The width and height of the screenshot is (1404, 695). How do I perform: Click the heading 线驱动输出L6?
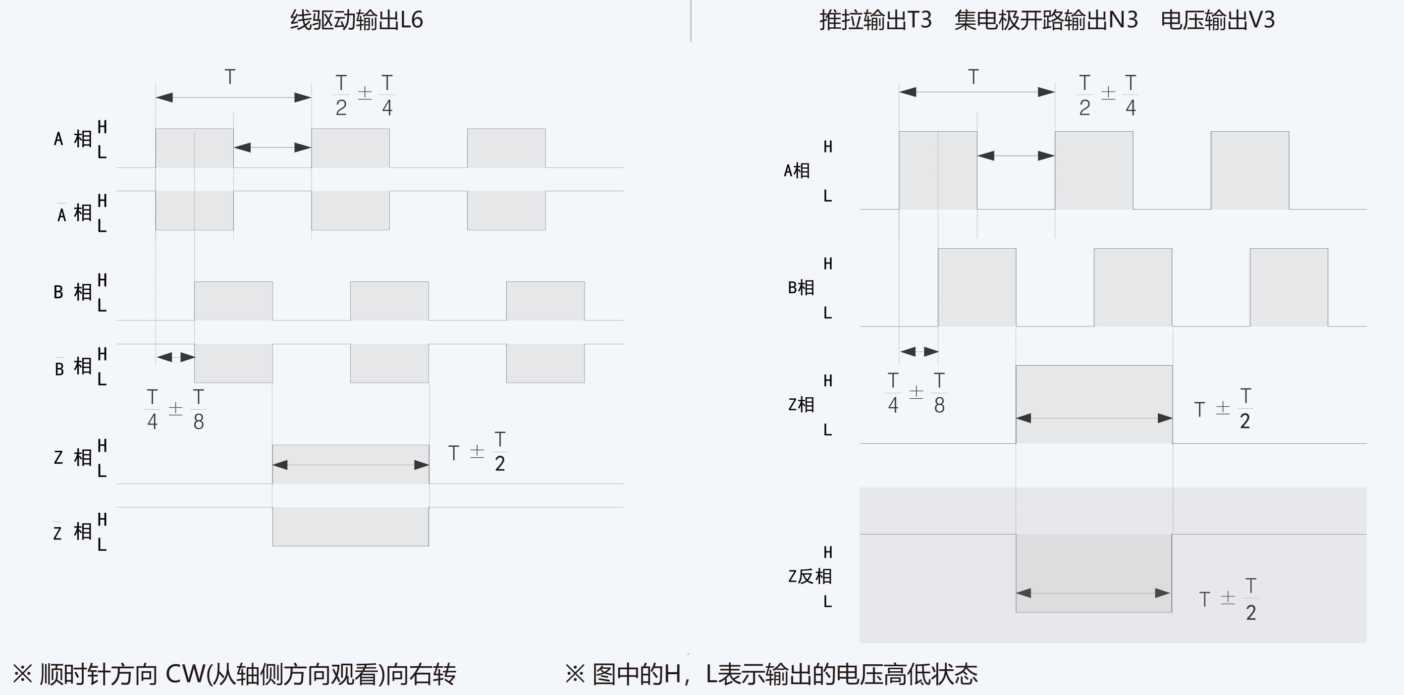tap(357, 20)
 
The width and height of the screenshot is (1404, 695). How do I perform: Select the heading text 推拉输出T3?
tap(875, 20)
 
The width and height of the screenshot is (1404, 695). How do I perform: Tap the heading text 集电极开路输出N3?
tap(1046, 20)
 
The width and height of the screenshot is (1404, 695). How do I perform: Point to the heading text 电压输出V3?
tap(1218, 20)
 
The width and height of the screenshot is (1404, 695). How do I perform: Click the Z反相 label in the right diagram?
tap(810, 576)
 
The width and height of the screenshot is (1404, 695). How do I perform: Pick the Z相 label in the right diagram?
tap(801, 404)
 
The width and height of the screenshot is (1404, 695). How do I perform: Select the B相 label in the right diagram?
tap(801, 287)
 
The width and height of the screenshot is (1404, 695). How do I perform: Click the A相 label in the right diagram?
tap(796, 170)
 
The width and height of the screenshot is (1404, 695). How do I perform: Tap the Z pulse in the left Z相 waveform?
tap(350, 464)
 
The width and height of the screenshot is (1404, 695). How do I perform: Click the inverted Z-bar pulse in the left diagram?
tap(350, 527)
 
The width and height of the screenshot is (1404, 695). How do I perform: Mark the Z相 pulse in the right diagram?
tap(1094, 404)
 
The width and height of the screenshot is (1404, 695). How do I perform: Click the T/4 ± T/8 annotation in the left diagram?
tap(175, 409)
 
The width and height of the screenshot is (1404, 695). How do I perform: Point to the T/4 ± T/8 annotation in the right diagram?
tap(916, 393)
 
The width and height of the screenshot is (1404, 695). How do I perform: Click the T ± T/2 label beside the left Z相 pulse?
tap(478, 452)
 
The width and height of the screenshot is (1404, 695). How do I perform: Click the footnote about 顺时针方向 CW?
tap(234, 674)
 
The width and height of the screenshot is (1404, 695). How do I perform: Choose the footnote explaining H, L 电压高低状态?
tap(771, 674)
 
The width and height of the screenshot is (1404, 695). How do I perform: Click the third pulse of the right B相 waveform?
tap(1289, 287)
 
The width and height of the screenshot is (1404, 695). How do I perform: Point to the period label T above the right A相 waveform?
tap(973, 77)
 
